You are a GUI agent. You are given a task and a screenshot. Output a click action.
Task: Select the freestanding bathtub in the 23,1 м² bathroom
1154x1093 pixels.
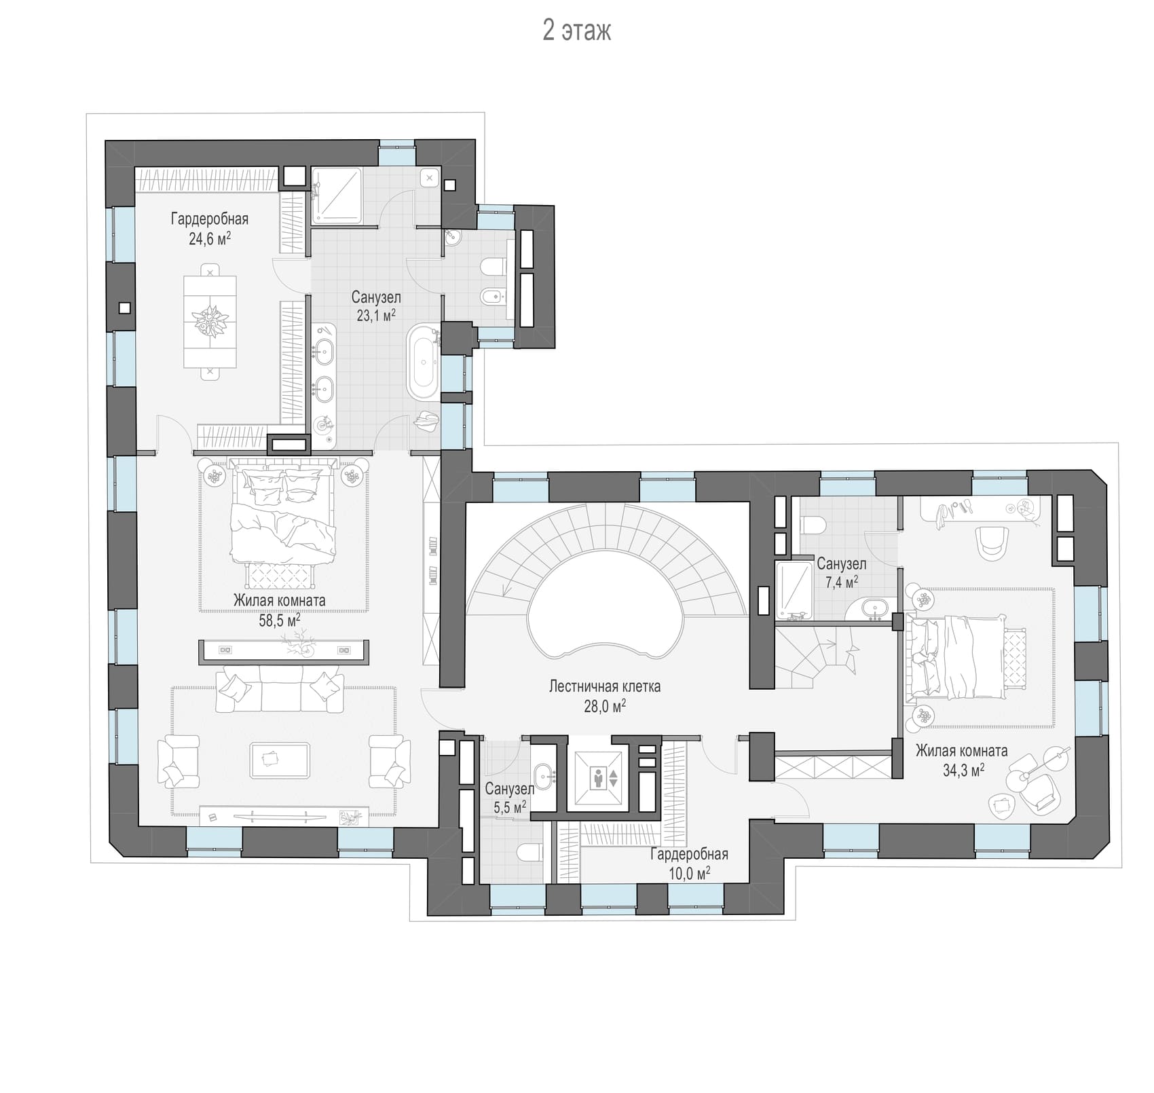point(424,363)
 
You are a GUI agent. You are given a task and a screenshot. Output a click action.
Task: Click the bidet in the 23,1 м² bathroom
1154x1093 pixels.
point(494,296)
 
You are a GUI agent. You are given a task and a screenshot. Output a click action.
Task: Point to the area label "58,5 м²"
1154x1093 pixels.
point(280,620)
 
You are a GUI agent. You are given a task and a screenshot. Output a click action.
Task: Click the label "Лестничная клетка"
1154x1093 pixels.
point(604,686)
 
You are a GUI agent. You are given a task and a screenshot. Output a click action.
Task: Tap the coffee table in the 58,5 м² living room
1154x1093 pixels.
point(280,760)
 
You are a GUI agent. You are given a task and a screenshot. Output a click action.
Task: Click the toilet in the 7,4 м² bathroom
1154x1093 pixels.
point(813,525)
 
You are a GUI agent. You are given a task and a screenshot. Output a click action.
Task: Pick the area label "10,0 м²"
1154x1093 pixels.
point(690,873)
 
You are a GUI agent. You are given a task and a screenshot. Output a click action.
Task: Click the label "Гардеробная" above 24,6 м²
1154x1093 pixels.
point(210,219)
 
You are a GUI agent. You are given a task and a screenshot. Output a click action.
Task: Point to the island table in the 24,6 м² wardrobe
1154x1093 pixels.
point(210,321)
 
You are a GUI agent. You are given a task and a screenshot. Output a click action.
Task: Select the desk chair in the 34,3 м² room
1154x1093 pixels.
point(992,542)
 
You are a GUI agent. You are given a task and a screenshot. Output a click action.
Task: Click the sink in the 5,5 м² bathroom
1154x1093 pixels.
point(544,775)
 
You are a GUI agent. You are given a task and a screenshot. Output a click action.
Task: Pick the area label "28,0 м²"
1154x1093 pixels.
point(605,706)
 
